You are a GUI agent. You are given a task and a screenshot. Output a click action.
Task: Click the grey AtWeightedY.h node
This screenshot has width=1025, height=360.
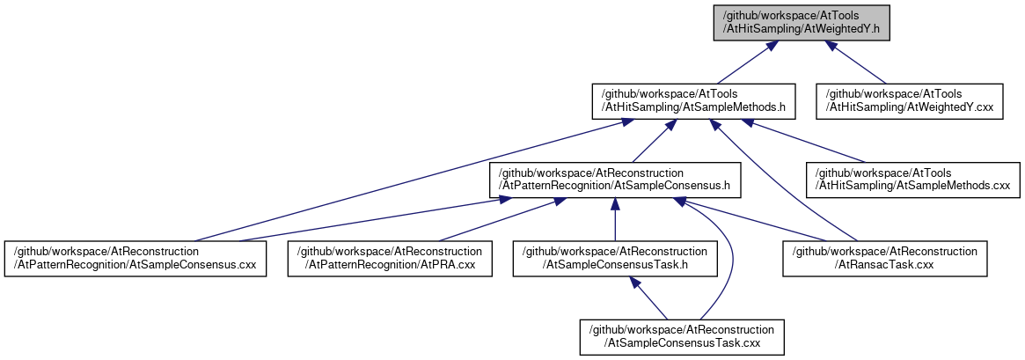coord(802,23)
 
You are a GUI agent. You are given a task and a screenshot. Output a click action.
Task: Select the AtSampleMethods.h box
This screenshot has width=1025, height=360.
coord(693,101)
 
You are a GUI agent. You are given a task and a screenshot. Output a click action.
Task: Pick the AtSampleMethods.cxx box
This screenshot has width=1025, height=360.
coord(912,180)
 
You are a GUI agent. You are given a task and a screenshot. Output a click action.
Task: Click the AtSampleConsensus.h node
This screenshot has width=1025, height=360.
coord(615,180)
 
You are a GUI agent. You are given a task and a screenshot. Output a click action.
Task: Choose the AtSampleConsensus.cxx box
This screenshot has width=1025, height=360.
coord(135,259)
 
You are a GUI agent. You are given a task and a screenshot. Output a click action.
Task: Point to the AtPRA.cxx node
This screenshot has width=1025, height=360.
coord(390,259)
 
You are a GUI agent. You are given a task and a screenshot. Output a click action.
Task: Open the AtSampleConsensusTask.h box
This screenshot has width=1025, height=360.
coord(615,259)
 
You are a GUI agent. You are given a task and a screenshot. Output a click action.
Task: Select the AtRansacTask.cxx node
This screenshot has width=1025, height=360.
coord(885,259)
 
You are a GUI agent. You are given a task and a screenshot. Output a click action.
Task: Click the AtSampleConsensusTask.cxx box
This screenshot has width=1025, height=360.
coord(682,337)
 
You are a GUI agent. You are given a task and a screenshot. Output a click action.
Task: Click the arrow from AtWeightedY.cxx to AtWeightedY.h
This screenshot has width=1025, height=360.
coord(856,62)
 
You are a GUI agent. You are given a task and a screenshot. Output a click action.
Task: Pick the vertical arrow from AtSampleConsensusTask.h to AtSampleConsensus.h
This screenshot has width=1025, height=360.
coord(615,219)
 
